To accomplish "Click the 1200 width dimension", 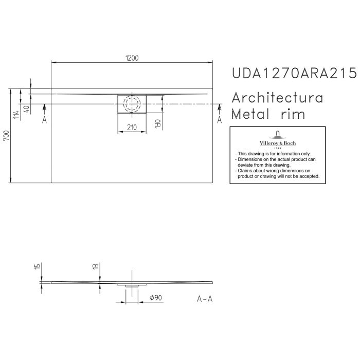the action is [132, 58].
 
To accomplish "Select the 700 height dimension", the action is [6, 136].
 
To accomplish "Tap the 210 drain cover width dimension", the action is [132, 128].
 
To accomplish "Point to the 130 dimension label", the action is [158, 124].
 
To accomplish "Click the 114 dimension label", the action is [16, 115].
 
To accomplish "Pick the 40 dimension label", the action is [27, 109].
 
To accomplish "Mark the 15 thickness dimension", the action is [38, 266].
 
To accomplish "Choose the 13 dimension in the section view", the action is [96, 266].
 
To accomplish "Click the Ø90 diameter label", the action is [156, 298].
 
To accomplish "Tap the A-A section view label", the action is [205, 299].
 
